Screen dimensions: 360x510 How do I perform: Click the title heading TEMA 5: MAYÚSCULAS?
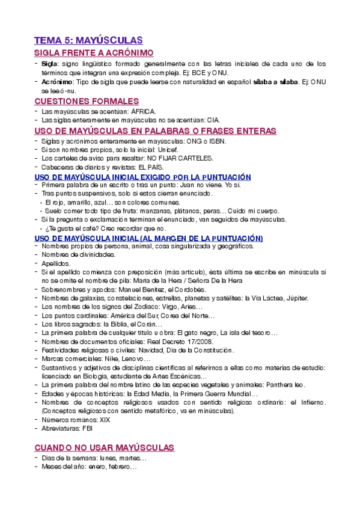click(88, 40)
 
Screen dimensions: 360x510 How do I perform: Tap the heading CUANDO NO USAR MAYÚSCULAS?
click(104, 448)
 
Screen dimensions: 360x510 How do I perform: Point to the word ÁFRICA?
click(144, 112)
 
